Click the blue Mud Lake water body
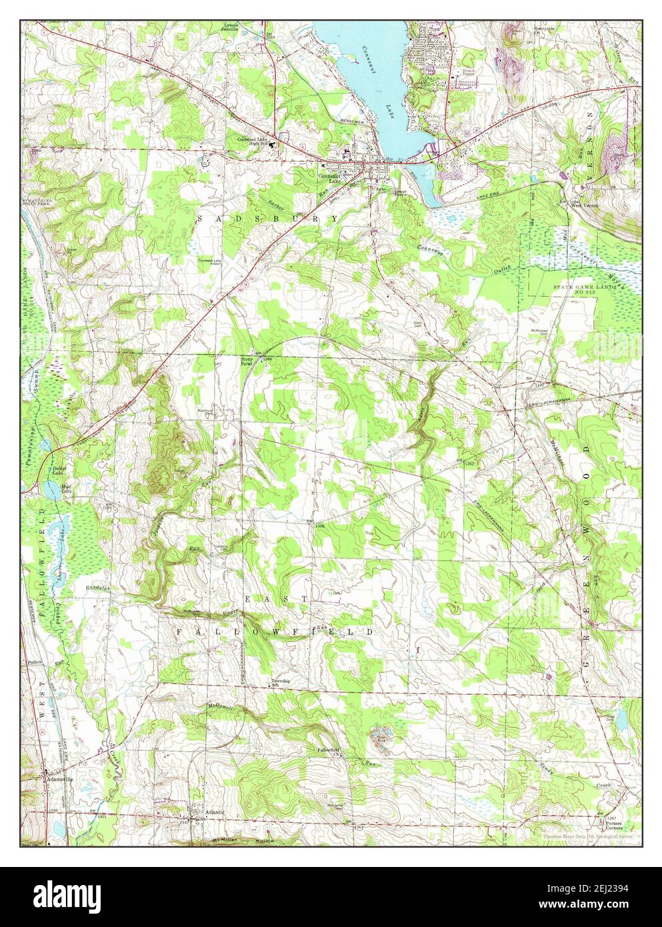51,490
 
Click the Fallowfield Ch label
330,750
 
